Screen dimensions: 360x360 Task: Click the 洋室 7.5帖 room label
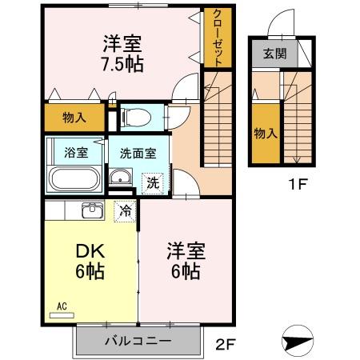tap(122, 53)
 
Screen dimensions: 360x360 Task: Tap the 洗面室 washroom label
tap(133, 152)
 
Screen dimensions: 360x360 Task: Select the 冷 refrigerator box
tap(126, 211)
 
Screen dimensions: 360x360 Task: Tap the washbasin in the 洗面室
tap(121, 178)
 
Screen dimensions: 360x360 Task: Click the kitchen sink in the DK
tap(91, 210)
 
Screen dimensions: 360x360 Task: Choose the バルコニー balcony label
tap(137, 342)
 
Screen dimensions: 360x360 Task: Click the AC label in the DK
tap(62, 305)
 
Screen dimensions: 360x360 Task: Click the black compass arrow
tap(298, 341)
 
